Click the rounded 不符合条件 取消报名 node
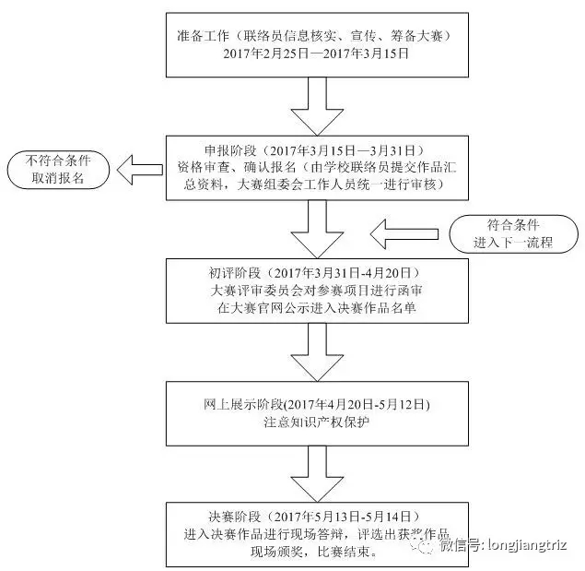58,169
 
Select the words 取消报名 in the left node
58,177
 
